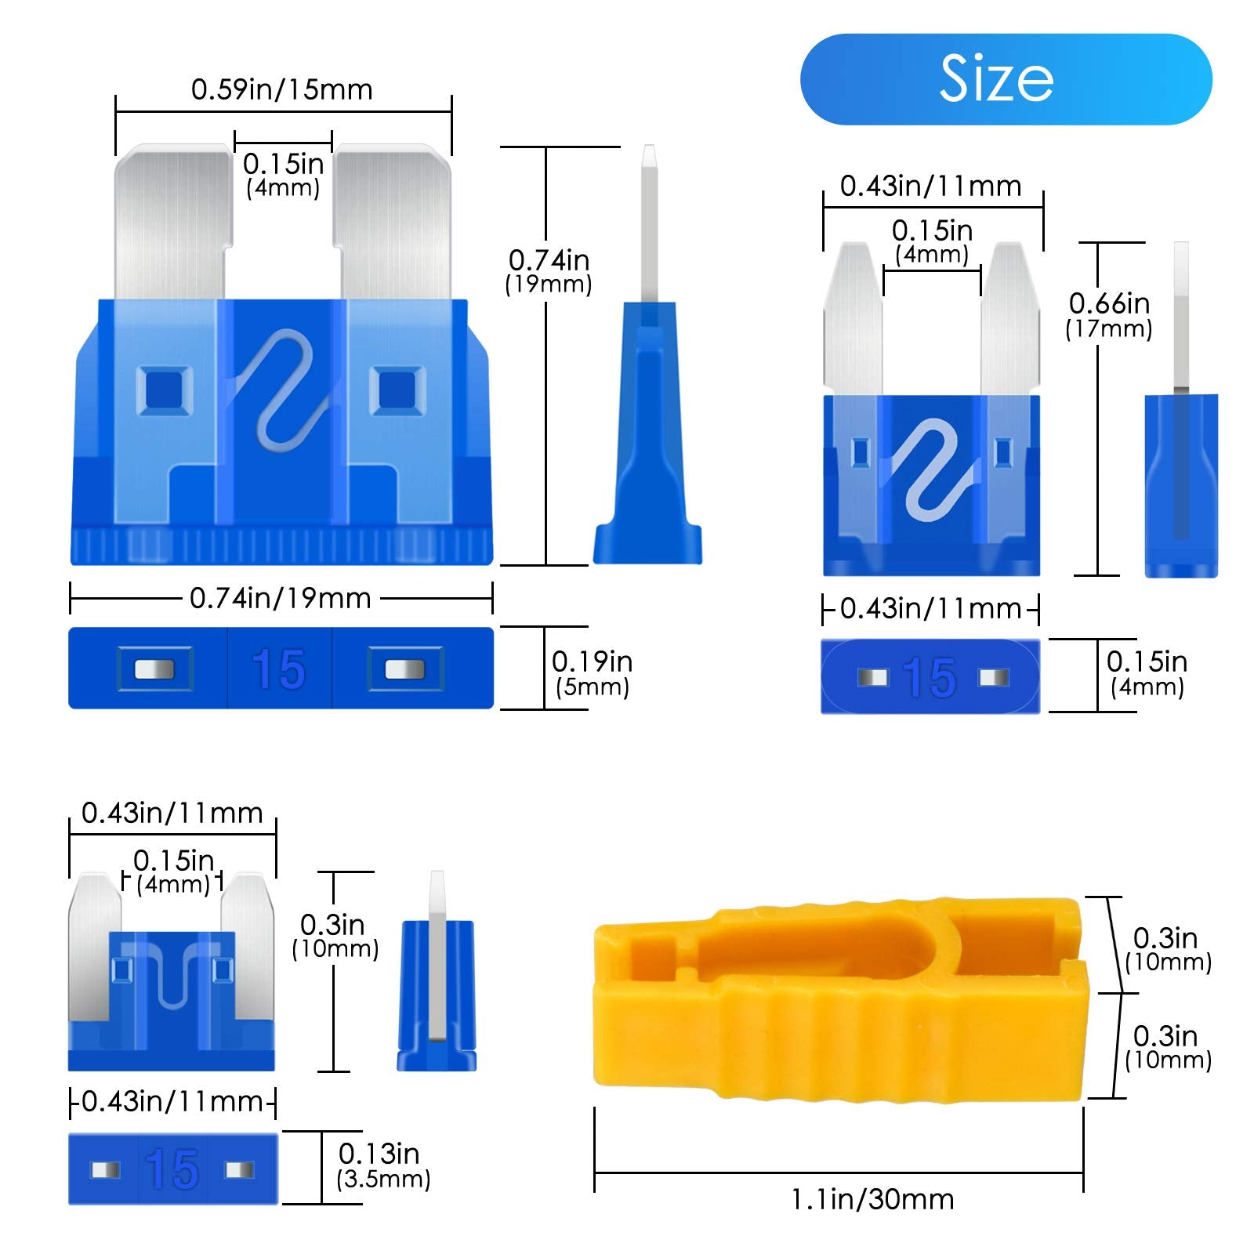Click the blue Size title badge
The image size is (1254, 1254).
pyautogui.click(x=1006, y=79)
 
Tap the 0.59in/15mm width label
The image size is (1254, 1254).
pyautogui.click(x=282, y=90)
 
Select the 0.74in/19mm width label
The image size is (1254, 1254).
pyautogui.click(x=281, y=599)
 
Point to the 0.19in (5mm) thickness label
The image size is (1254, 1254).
pyautogui.click(x=592, y=673)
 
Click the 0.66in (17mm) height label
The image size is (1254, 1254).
pyautogui.click(x=1109, y=315)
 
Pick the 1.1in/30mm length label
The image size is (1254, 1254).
pyautogui.click(x=872, y=1200)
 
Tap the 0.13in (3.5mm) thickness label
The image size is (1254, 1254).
pyautogui.click(x=382, y=1165)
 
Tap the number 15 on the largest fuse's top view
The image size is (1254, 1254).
pyautogui.click(x=279, y=670)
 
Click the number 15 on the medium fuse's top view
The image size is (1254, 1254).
pyautogui.click(x=930, y=677)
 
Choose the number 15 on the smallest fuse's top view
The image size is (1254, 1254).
pyautogui.click(x=172, y=1169)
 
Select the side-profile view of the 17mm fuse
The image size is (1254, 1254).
pyautogui.click(x=1181, y=439)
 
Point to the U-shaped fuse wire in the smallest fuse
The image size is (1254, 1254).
pyautogui.click(x=172, y=976)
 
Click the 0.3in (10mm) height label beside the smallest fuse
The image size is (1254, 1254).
pyautogui.click(x=335, y=937)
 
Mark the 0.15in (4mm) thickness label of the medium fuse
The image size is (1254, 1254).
pyautogui.click(x=1147, y=674)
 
